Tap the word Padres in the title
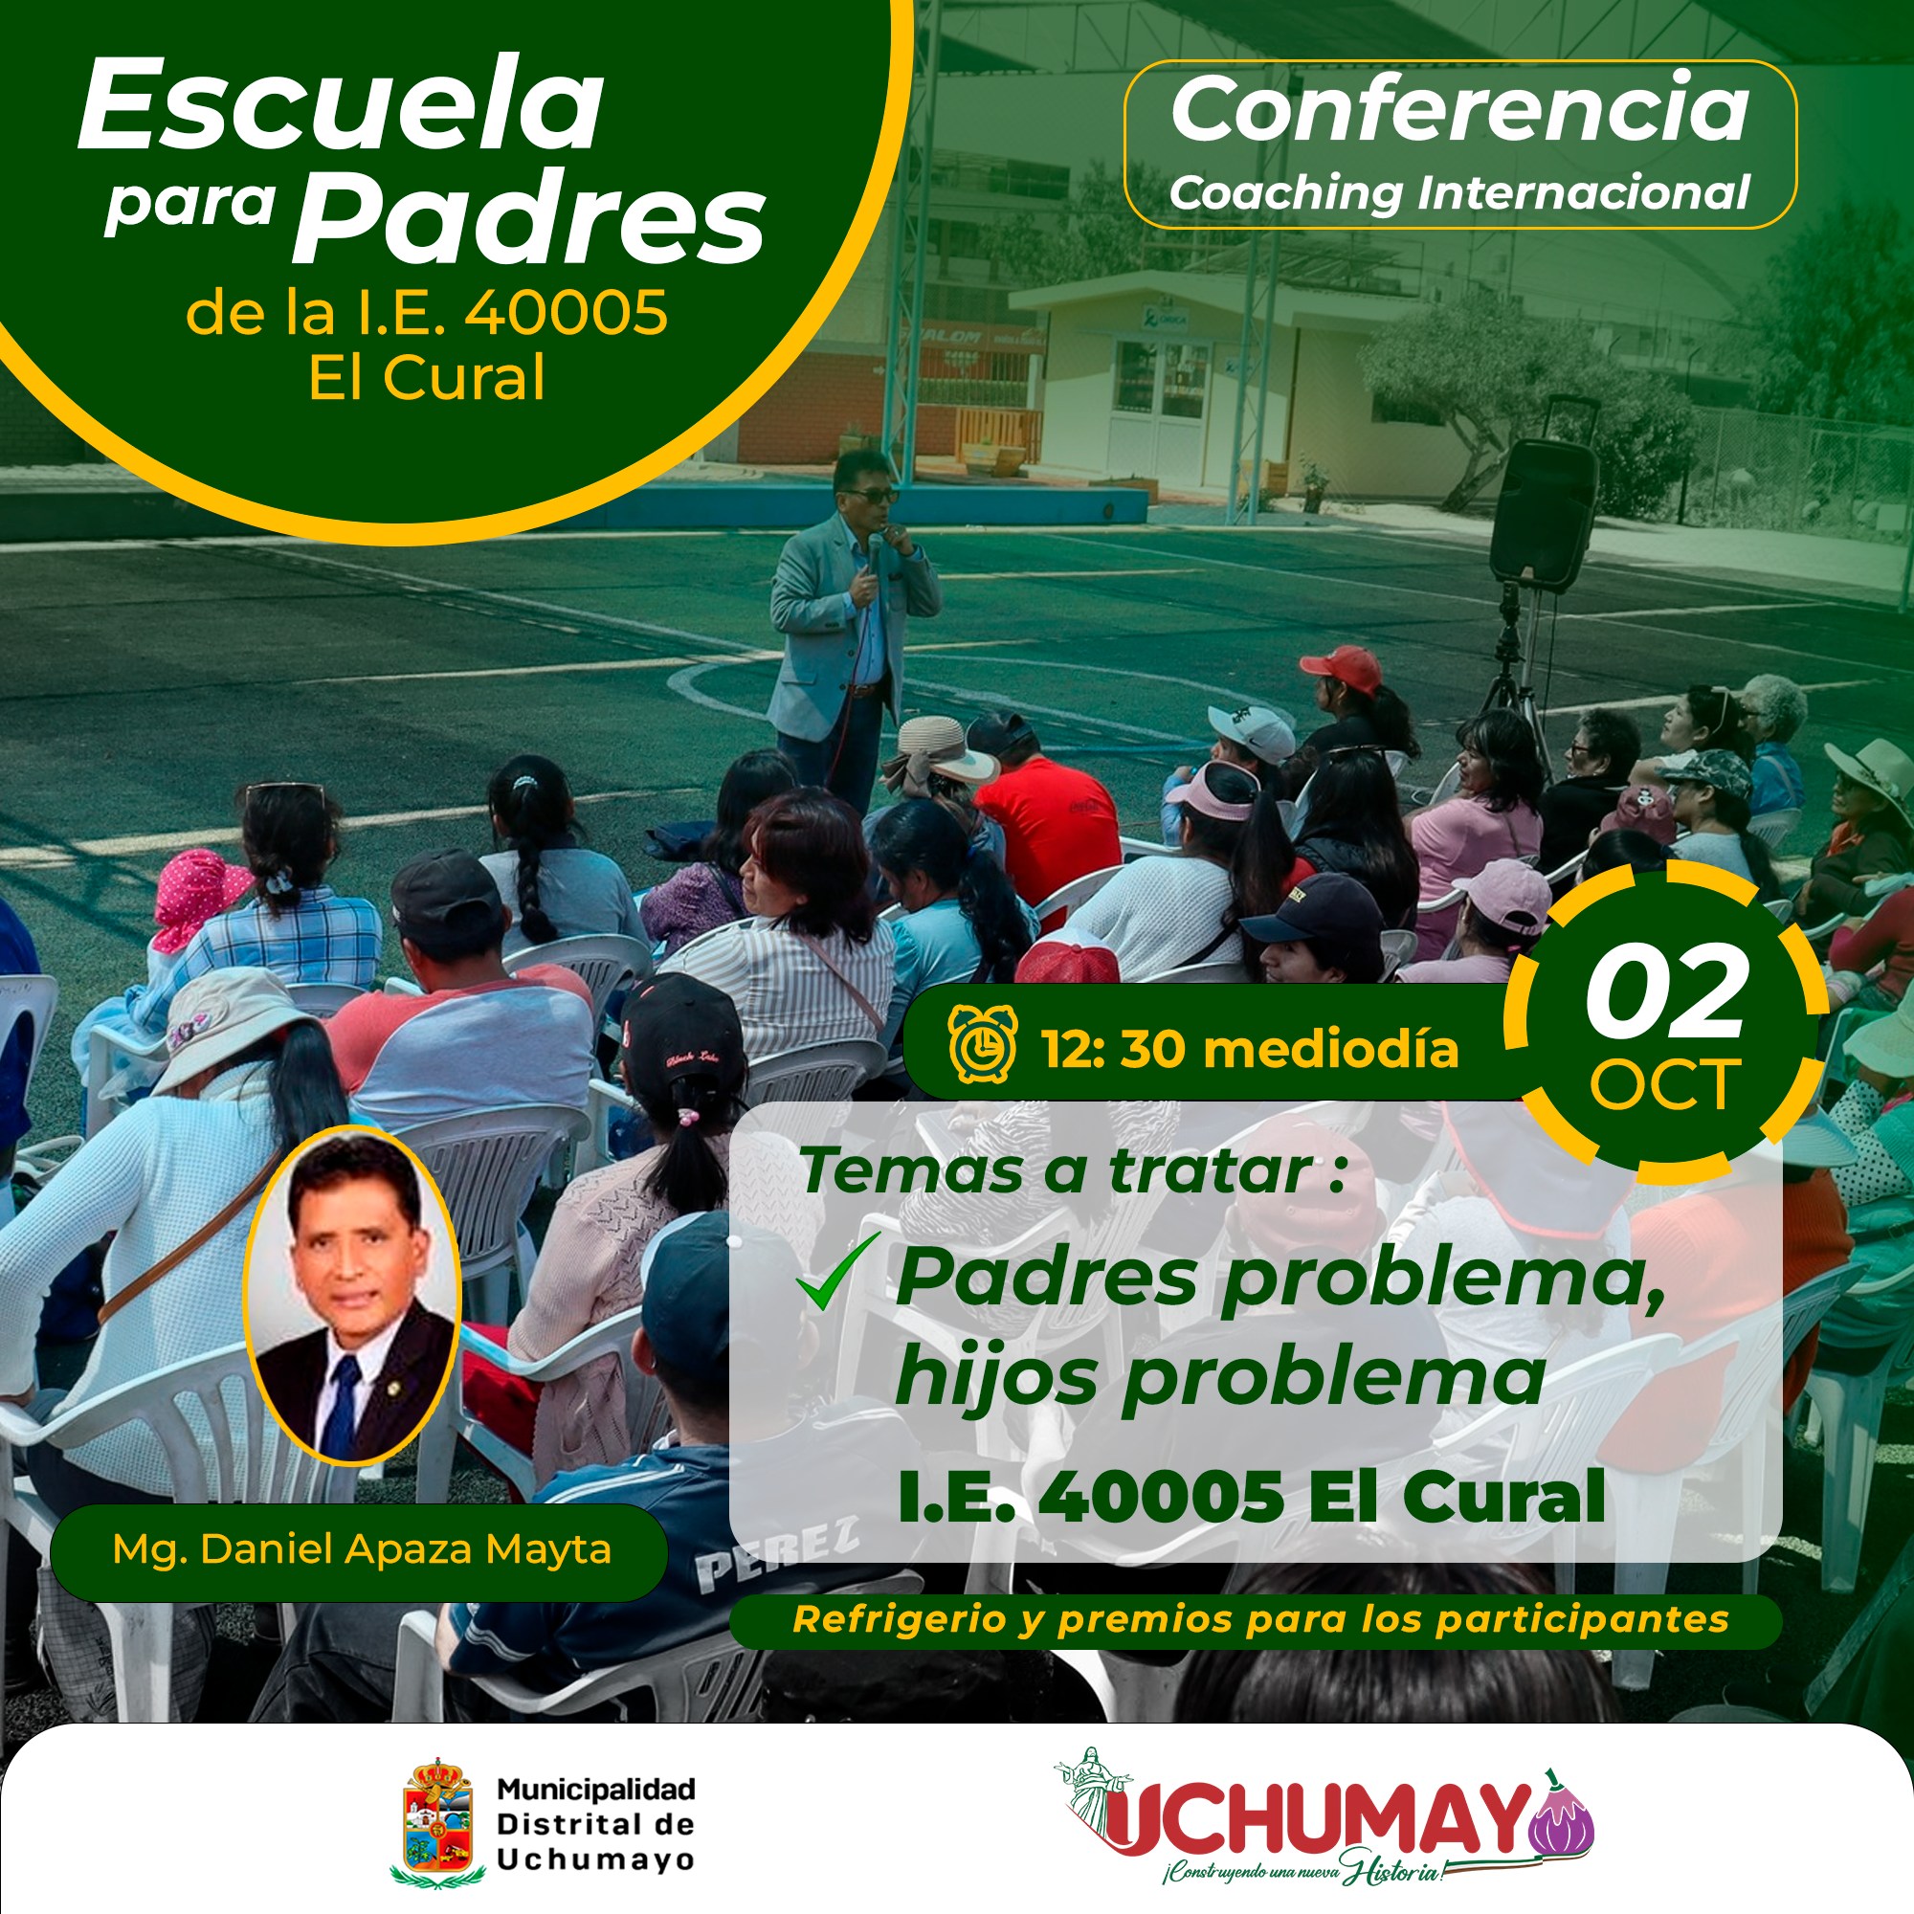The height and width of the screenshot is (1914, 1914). coord(528,219)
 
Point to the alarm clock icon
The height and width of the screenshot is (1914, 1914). coord(982,1043)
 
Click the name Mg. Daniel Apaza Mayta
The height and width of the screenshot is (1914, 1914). coord(362,1548)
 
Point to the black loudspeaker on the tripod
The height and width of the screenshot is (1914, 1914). coord(1544,513)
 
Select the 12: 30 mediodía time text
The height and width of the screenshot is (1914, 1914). coord(1249,1047)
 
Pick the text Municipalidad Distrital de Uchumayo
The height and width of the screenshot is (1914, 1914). coord(595,1824)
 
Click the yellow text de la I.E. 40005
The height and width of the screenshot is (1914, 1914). coord(427,313)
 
